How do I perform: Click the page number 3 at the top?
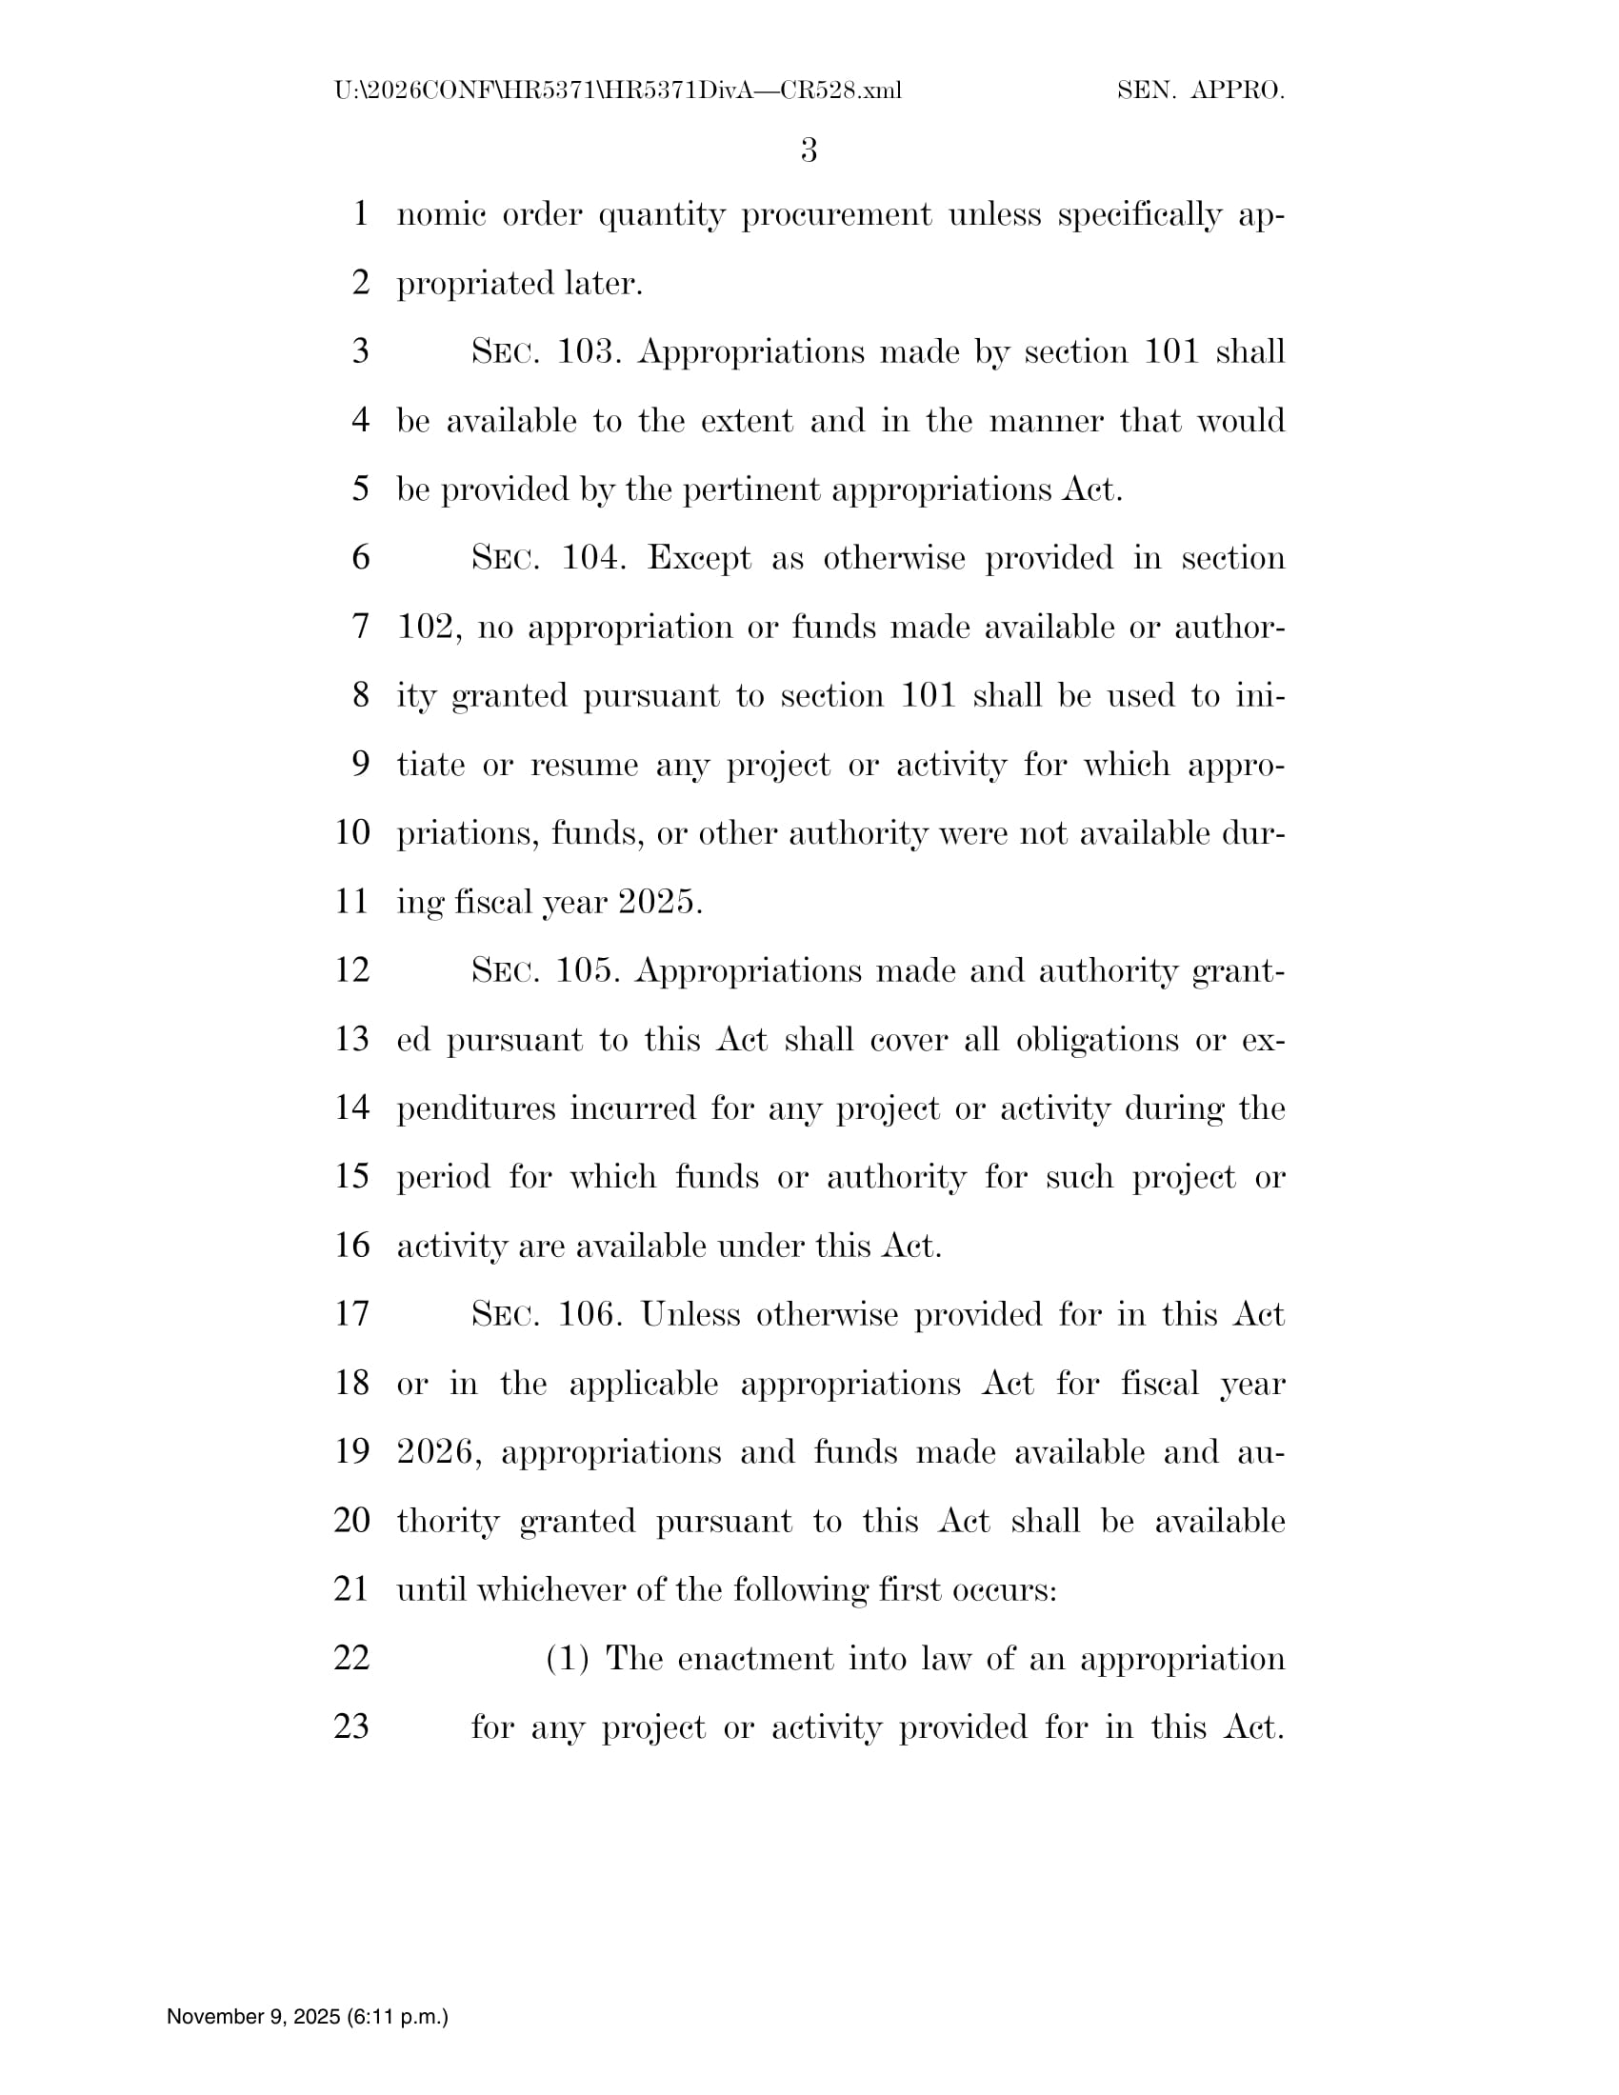(x=809, y=150)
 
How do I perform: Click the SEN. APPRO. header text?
(x=1201, y=91)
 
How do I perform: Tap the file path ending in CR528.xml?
(x=618, y=91)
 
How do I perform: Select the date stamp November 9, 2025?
(x=307, y=2016)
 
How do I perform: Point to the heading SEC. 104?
(x=549, y=558)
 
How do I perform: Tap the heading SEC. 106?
(x=548, y=1314)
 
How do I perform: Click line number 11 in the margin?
(x=351, y=902)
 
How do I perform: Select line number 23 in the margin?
(x=351, y=1726)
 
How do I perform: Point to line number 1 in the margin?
(x=361, y=214)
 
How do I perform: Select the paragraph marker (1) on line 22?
(x=567, y=1659)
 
